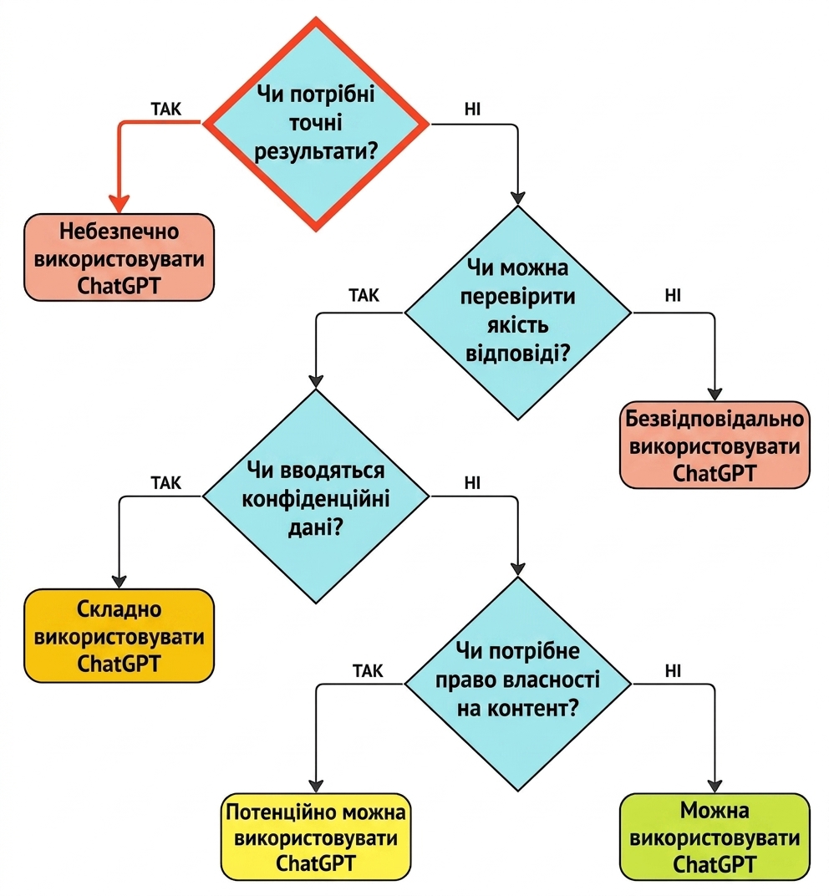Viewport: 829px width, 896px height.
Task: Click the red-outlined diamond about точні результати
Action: pyautogui.click(x=316, y=124)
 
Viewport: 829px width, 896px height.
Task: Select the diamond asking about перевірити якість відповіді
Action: pyautogui.click(x=517, y=313)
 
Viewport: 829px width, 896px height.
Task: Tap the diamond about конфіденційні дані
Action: pyautogui.click(x=316, y=496)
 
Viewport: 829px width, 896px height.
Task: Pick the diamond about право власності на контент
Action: pyautogui.click(x=517, y=684)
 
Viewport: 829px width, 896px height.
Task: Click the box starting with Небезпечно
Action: pyautogui.click(x=119, y=257)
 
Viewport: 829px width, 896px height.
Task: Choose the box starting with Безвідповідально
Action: pyautogui.click(x=715, y=445)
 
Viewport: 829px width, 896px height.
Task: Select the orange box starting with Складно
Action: pyautogui.click(x=119, y=636)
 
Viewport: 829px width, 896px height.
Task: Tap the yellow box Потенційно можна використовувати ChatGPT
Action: pyautogui.click(x=316, y=837)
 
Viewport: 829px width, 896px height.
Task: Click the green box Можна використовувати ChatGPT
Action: pyautogui.click(x=715, y=837)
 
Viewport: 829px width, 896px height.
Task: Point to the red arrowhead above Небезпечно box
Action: pyautogui.click(x=119, y=204)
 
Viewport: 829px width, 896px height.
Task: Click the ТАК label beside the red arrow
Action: pyautogui.click(x=166, y=109)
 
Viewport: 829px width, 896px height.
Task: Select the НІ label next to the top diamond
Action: pyautogui.click(x=472, y=109)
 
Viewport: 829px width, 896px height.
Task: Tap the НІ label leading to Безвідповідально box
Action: pyautogui.click(x=673, y=295)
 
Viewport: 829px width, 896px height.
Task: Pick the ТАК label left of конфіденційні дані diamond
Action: pyautogui.click(x=166, y=483)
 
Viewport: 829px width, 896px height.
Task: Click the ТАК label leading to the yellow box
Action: pyautogui.click(x=368, y=671)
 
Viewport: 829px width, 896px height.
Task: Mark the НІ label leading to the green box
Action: pyautogui.click(x=673, y=671)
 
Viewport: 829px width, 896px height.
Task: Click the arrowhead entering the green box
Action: pyautogui.click(x=715, y=787)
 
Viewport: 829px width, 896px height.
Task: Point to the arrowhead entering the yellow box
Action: pyautogui.click(x=316, y=787)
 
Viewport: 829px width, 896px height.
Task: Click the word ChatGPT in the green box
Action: pyautogui.click(x=715, y=864)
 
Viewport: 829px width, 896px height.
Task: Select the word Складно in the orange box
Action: pyautogui.click(x=119, y=609)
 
